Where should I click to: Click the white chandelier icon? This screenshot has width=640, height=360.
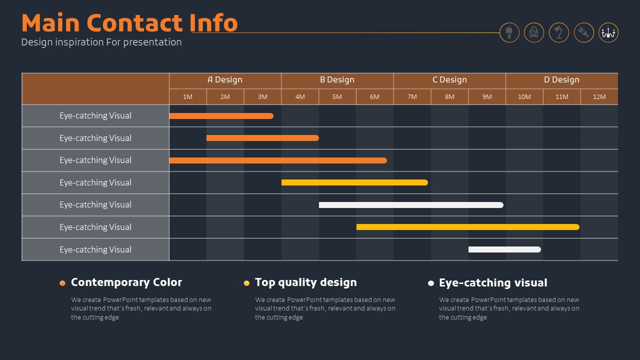click(x=608, y=32)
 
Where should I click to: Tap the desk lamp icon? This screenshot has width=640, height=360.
click(x=558, y=32)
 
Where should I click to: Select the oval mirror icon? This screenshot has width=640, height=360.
click(x=533, y=32)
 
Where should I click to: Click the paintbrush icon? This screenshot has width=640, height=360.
click(x=583, y=32)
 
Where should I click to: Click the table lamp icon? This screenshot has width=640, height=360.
click(x=509, y=32)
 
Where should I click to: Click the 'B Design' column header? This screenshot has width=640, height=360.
click(x=337, y=79)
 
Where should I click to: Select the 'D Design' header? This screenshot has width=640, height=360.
click(x=561, y=79)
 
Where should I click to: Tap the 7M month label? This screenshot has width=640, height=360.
click(x=412, y=97)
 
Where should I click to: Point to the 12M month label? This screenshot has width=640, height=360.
click(x=599, y=97)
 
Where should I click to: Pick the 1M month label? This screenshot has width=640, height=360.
click(x=187, y=97)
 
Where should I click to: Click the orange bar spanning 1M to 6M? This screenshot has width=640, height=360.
click(x=278, y=160)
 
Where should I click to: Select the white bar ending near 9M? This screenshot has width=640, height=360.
click(x=411, y=205)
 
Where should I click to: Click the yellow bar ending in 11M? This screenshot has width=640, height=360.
click(x=467, y=227)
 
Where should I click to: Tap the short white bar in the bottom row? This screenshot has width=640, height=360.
click(x=504, y=249)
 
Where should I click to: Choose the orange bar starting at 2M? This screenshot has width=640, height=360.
click(x=262, y=138)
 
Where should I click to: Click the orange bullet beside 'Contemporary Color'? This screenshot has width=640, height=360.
click(x=62, y=283)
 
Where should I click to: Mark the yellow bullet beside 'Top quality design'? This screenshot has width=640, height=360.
click(x=246, y=283)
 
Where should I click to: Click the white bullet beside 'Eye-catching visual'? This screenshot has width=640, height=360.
click(x=431, y=283)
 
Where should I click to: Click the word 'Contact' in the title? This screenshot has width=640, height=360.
click(x=134, y=23)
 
